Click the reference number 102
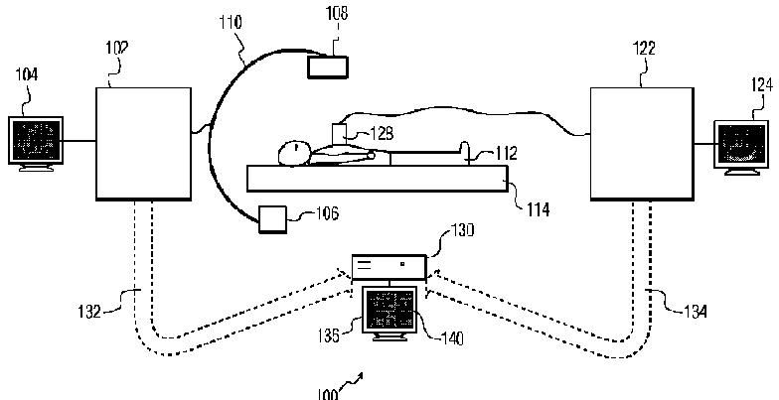click(x=114, y=47)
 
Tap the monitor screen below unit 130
click(x=389, y=310)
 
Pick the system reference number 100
click(x=327, y=392)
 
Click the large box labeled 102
click(x=142, y=143)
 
